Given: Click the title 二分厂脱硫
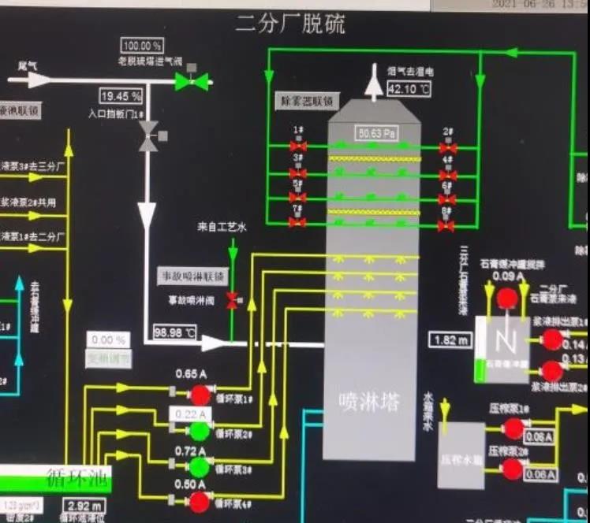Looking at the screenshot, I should point(289,24).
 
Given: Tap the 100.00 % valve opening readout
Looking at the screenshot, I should point(142,46).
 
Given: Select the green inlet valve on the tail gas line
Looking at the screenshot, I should point(192,80).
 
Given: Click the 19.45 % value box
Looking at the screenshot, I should point(121,97).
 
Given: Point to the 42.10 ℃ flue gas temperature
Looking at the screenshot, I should point(409,89).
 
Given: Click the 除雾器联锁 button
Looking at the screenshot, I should point(306,102).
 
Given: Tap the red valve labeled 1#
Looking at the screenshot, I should point(297,147).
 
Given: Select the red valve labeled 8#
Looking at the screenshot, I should point(446,225).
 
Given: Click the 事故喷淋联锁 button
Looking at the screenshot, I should point(192,276).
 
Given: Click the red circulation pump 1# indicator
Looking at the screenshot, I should point(200,394).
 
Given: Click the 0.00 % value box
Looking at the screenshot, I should point(108,340).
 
